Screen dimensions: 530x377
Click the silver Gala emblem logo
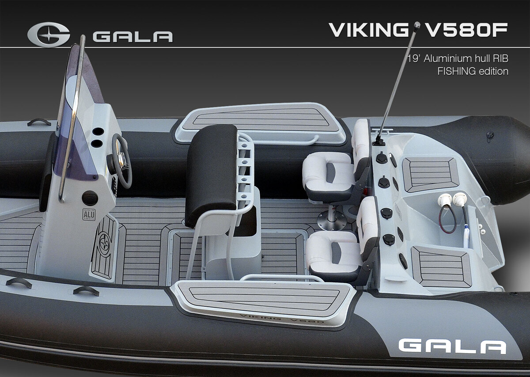coord(49,35)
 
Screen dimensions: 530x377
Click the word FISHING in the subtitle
coord(455,71)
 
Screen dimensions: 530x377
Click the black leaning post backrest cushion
coord(211,175)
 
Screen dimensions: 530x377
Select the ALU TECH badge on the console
coord(89,214)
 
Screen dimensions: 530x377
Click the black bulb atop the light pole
coord(417,24)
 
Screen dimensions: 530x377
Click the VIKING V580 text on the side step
coord(282,319)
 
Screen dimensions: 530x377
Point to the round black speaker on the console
coord(90,198)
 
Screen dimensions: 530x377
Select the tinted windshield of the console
coord(78,114)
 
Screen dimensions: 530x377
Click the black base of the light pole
coord(379,143)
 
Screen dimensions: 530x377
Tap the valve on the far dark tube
coord(489,135)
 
